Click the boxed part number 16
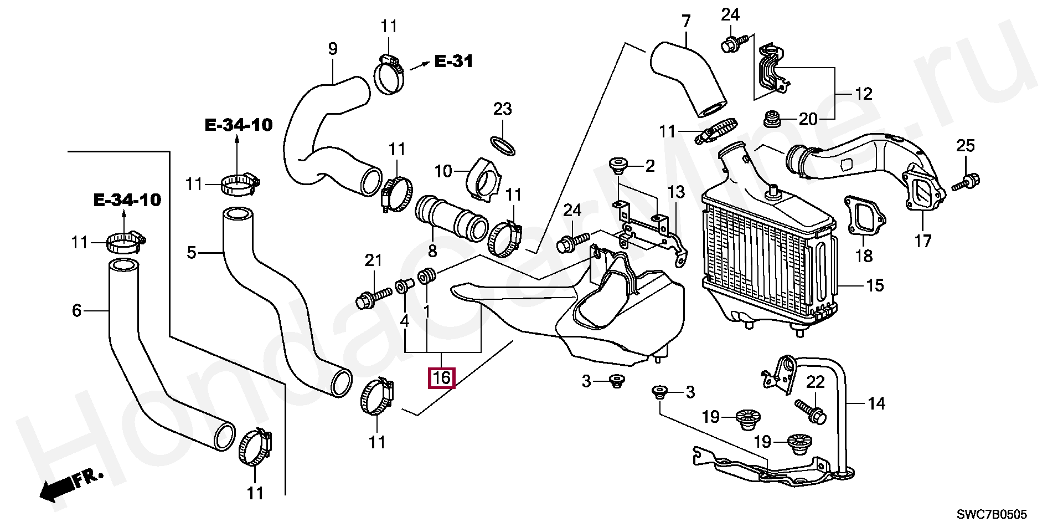pyautogui.click(x=442, y=378)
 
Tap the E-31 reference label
pyautogui.click(x=453, y=61)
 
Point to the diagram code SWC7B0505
pyautogui.click(x=992, y=514)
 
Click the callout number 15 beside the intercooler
pyautogui.click(x=874, y=285)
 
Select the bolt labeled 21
pyautogui.click(x=373, y=298)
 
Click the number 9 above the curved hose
pyautogui.click(x=333, y=49)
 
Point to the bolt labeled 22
pyautogui.click(x=811, y=411)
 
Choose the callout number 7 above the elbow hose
pyautogui.click(x=687, y=22)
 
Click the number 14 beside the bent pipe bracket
pyautogui.click(x=876, y=403)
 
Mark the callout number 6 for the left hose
pyautogui.click(x=77, y=310)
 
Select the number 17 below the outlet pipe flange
pyautogui.click(x=923, y=241)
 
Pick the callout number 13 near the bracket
pyautogui.click(x=676, y=192)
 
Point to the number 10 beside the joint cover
pyautogui.click(x=443, y=171)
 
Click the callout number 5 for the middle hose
pyautogui.click(x=192, y=253)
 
